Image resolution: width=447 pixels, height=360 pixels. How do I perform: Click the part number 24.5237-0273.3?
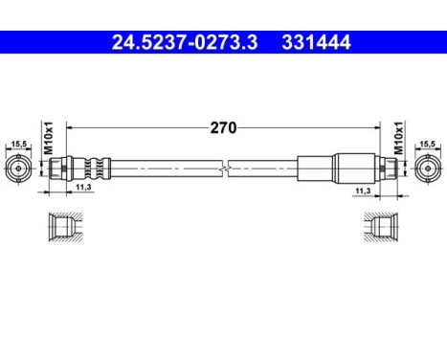179,42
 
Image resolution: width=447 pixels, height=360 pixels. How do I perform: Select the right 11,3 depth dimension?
363,190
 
